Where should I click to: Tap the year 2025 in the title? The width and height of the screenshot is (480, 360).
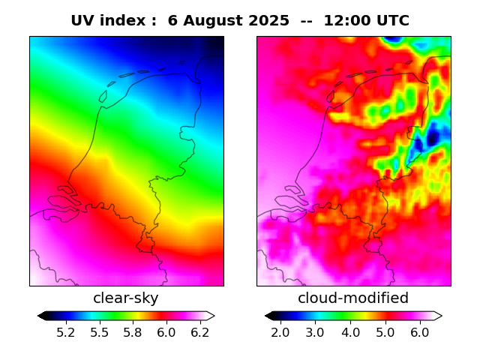coord(270,21)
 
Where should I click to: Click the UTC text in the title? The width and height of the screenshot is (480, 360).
coord(392,21)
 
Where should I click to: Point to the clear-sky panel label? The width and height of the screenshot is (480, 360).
coord(126,298)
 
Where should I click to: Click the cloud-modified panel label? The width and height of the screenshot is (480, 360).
coord(353,298)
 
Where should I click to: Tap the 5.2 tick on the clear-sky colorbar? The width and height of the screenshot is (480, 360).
coord(66,331)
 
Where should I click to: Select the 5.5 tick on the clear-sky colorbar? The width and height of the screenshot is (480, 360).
coord(100,331)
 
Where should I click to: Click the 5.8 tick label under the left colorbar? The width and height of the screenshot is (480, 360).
coord(133,331)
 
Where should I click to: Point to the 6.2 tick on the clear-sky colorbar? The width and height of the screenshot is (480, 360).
coord(199,331)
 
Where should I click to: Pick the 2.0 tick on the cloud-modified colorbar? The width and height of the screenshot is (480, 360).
coord(280,331)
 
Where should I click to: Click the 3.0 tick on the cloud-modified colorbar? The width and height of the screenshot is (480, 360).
coord(315,331)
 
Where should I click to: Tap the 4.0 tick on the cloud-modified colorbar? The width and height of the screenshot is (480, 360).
coord(350,331)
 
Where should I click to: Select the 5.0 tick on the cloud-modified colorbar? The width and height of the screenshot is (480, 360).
coord(385,331)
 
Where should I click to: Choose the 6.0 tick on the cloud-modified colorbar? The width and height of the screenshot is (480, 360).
coord(419,331)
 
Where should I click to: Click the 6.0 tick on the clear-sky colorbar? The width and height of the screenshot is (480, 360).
coord(166,331)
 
